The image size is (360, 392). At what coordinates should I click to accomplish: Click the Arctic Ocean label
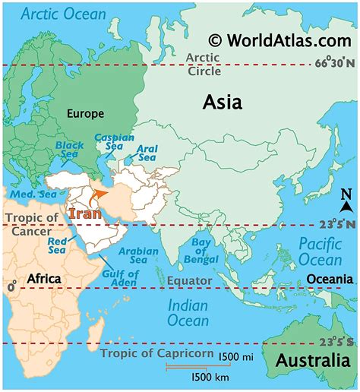64,14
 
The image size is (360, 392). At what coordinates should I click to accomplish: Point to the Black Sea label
70,150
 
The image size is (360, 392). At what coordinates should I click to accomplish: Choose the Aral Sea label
147,153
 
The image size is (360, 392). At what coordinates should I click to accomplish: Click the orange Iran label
84,213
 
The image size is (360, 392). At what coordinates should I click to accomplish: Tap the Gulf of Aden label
117,279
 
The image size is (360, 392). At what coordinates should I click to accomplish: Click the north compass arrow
346,201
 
